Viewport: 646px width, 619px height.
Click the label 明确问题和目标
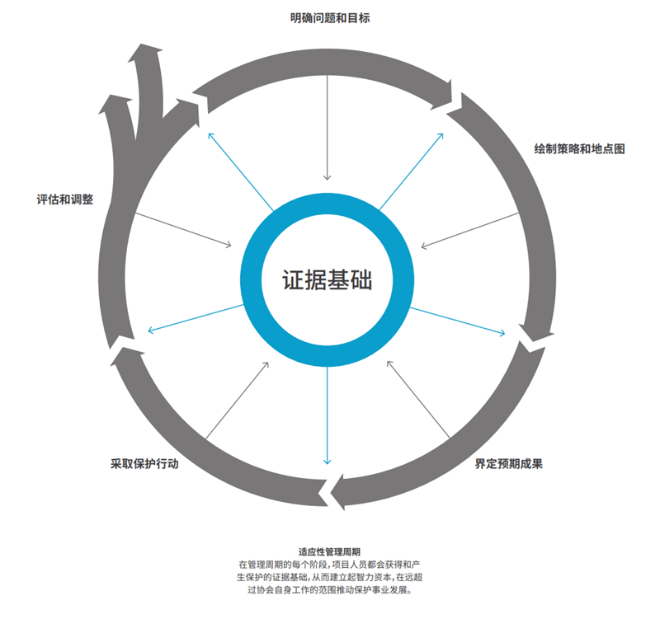click(330, 18)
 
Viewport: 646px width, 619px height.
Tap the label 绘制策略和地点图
click(579, 149)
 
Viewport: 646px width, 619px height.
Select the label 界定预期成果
click(508, 464)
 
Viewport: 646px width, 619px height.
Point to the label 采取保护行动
click(144, 464)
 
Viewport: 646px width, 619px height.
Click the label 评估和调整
click(65, 199)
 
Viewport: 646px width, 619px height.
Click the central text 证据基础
click(327, 280)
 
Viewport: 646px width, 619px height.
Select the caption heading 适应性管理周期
click(329, 552)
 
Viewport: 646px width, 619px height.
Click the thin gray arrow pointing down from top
click(327, 128)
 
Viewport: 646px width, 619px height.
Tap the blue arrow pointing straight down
click(327, 415)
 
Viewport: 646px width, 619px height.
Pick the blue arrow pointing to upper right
click(411, 171)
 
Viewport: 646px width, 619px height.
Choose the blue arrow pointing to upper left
click(241, 172)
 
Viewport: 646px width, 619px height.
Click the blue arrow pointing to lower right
click(457, 321)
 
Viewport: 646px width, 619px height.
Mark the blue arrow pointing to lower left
click(196, 318)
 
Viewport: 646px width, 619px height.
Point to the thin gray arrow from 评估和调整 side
click(183, 230)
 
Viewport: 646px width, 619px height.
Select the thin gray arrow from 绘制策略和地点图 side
click(469, 231)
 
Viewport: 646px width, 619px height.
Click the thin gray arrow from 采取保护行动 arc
click(237, 401)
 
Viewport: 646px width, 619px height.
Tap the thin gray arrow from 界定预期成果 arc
click(418, 399)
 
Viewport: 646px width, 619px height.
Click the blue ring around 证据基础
click(327, 280)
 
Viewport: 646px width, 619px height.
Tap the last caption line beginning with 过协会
click(329, 590)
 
